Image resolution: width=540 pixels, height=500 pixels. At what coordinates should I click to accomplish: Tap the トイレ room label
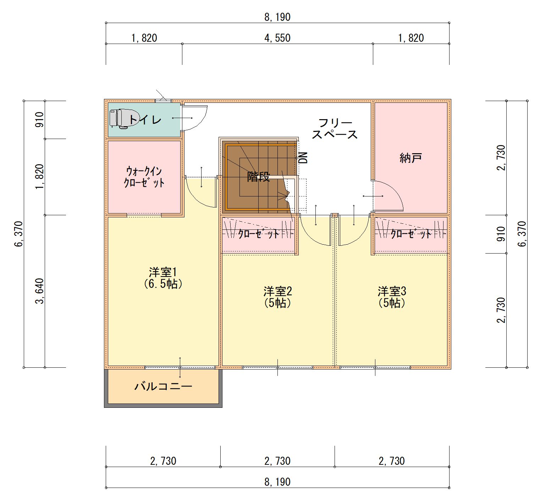[145, 120]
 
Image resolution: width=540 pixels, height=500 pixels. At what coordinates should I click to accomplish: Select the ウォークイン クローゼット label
[144, 177]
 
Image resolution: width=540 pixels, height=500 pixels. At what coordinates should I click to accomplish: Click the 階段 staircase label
[258, 177]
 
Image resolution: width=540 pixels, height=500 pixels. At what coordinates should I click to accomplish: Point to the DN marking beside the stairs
[303, 157]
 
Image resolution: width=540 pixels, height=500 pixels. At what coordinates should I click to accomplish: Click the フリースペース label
[335, 129]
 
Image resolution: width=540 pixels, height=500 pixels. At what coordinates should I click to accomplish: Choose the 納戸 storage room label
[410, 158]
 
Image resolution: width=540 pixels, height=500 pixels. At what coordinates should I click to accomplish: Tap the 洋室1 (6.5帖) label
[163, 278]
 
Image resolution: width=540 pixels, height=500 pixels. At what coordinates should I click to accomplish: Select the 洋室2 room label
[277, 297]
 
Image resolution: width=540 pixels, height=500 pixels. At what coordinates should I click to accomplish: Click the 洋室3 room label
[392, 297]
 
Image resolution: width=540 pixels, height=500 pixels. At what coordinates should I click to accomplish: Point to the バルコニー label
[163, 386]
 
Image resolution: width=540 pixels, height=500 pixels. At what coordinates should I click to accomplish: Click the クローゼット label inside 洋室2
[259, 233]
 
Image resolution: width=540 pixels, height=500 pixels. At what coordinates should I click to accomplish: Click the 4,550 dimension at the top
[277, 38]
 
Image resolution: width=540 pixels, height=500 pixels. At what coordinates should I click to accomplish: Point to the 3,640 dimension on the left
[39, 291]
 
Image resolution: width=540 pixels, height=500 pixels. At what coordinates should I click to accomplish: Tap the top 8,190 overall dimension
[277, 17]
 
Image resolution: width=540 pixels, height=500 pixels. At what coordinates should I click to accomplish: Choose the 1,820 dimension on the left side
[39, 177]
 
